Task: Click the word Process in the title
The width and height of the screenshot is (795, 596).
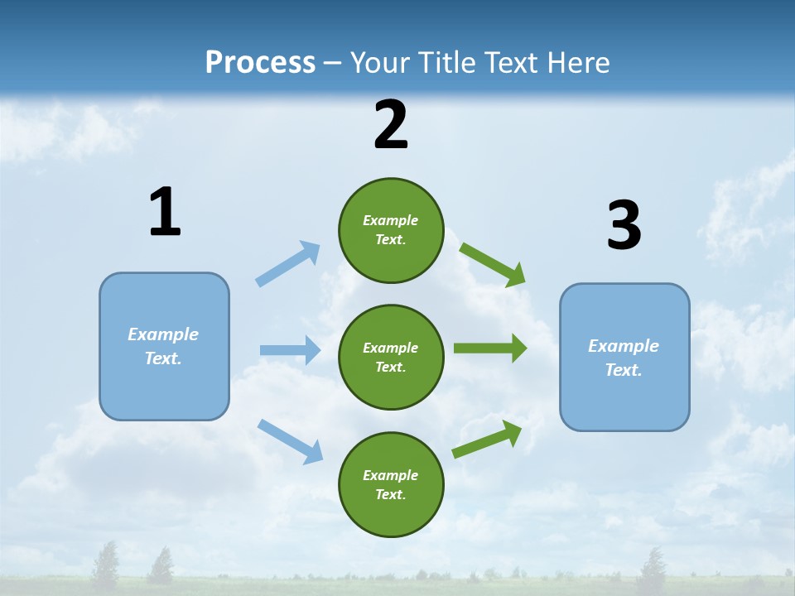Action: click(x=260, y=63)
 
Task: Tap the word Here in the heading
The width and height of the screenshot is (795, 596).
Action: click(x=577, y=63)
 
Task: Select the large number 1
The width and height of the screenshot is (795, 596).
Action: click(x=165, y=213)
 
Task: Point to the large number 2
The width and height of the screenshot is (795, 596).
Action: click(x=391, y=126)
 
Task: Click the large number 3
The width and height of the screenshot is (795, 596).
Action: click(x=624, y=226)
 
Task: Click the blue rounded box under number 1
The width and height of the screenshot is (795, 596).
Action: click(x=164, y=346)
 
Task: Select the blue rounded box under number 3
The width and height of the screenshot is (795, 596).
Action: click(x=624, y=357)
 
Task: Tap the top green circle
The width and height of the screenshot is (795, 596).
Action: click(x=391, y=230)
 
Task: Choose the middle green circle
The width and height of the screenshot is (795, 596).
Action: click(x=391, y=357)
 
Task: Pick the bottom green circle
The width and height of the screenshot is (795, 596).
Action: click(x=391, y=484)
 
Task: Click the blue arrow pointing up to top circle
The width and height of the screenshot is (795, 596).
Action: click(x=288, y=264)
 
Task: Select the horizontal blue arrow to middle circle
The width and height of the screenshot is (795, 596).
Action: click(x=290, y=350)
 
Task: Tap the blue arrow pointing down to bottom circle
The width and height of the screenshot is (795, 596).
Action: click(x=290, y=440)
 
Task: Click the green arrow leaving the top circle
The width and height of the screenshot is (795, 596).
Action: click(x=492, y=264)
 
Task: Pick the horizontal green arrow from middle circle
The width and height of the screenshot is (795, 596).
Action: click(x=489, y=348)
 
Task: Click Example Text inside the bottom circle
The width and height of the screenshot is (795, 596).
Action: click(x=391, y=484)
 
